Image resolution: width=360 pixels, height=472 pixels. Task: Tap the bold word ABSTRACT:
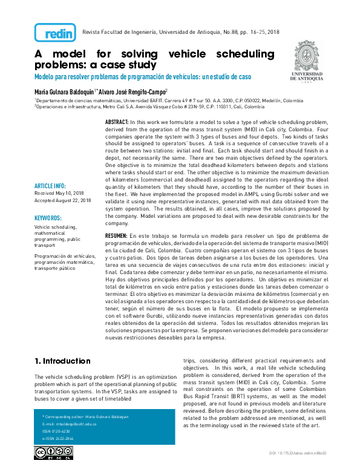coord(117,122)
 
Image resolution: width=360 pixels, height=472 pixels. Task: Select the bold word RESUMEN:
coord(116,235)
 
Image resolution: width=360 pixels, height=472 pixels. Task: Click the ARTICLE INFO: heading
coord(51,185)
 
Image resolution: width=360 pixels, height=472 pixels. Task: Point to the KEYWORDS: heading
coord(48,217)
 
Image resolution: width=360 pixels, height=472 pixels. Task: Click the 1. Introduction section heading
coord(62,361)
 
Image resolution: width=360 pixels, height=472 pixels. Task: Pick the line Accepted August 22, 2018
coord(63,200)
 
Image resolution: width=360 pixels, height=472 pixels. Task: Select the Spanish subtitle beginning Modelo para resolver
coord(142,77)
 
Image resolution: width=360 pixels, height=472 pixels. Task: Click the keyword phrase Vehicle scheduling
coord(51,226)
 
